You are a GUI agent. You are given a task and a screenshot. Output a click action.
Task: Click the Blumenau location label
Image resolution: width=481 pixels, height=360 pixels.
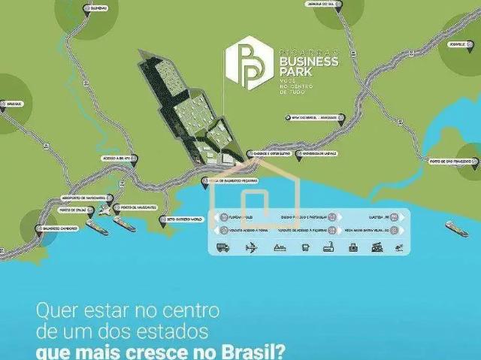(89, 8)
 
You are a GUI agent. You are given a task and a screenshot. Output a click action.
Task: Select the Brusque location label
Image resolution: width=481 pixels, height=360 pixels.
(13, 104)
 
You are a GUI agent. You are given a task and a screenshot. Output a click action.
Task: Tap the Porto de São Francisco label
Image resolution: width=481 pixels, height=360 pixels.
(449, 162)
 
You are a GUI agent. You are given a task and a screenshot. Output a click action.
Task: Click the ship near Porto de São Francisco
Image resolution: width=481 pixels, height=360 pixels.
(455, 228)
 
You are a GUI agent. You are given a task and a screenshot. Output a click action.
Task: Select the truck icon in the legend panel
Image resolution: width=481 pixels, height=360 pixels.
(223, 248)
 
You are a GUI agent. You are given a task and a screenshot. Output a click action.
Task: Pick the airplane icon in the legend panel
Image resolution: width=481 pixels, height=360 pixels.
(250, 248)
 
